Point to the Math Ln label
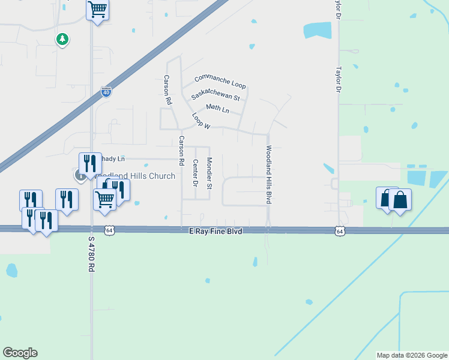click(217, 109)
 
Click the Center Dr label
click(195, 173)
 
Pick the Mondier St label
click(209, 173)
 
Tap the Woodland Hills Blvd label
click(269, 175)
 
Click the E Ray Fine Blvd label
click(215, 230)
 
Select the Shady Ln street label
click(114, 158)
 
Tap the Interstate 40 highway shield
click(106, 92)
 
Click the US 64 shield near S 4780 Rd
click(109, 230)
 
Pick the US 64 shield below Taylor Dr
click(340, 230)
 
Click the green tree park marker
click(62, 40)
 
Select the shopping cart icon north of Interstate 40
click(97, 10)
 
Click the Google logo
click(20, 353)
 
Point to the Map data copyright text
click(412, 355)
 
